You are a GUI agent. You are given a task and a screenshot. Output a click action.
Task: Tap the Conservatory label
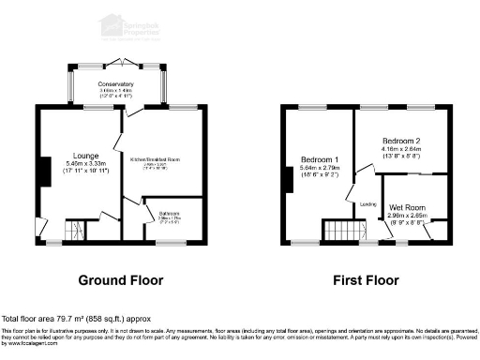tap(117, 84)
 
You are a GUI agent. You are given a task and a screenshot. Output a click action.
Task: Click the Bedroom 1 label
tap(320, 158)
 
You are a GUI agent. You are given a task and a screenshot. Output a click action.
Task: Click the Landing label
tap(368, 203)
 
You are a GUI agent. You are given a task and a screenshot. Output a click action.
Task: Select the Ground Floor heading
tap(120, 280)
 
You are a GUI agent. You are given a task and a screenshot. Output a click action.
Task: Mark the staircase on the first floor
tap(344, 232)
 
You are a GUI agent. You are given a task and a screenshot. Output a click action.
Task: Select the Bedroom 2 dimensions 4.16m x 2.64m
tap(402, 150)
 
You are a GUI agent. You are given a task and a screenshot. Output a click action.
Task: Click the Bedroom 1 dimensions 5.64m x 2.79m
tap(320, 168)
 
